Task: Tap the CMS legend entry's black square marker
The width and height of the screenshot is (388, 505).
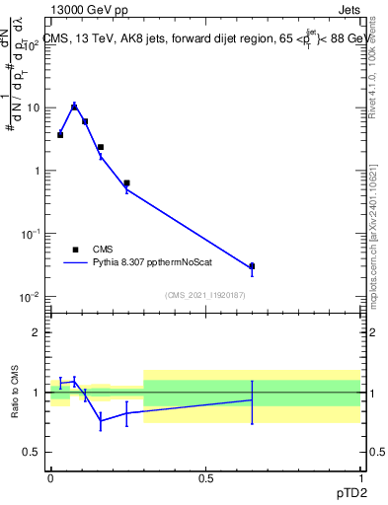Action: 75,251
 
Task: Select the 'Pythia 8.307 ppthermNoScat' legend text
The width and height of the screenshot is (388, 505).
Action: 156,263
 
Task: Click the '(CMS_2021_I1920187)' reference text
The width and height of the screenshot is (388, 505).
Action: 204,295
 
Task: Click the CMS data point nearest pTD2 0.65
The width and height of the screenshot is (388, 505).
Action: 252,266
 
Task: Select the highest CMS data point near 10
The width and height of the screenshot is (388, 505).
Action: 74,107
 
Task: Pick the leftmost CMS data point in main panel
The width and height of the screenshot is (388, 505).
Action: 60,135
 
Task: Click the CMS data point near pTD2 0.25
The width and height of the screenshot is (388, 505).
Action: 126,182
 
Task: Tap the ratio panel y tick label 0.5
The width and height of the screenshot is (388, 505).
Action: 35,452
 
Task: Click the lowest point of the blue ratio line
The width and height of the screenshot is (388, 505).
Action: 101,422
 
